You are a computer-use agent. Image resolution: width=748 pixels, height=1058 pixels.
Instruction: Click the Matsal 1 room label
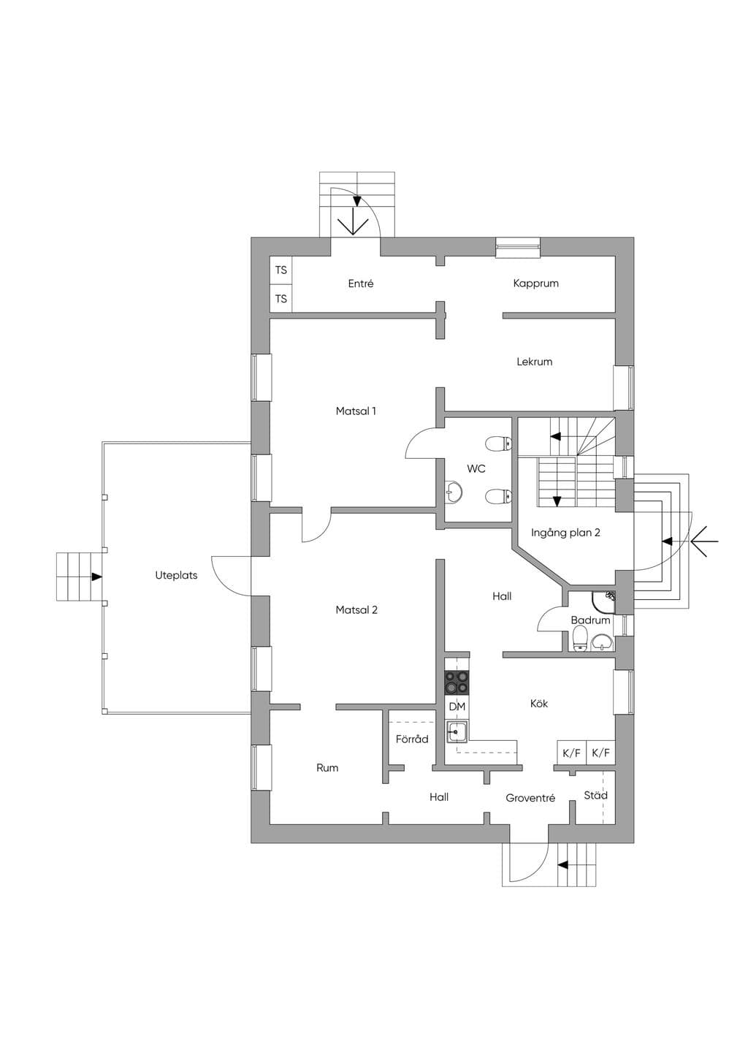coord(356,411)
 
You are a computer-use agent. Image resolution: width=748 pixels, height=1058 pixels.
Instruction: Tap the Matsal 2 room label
coord(356,610)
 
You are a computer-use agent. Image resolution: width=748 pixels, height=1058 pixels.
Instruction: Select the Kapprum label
coord(536,283)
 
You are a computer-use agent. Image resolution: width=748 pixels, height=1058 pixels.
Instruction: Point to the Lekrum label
coord(534,362)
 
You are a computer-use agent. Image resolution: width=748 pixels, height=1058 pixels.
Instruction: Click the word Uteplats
coord(176,575)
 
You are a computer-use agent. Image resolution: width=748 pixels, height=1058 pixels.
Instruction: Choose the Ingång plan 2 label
coord(565,533)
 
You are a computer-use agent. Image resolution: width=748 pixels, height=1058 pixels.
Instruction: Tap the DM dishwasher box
coord(457,707)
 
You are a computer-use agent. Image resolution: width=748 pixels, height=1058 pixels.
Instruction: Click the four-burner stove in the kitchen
coord(457,683)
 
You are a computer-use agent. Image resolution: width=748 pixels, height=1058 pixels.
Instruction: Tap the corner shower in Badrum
coord(604,602)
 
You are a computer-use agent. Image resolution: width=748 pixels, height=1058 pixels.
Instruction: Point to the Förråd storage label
coord(412,739)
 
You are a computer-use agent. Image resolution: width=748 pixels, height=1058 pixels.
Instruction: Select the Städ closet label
coord(595,795)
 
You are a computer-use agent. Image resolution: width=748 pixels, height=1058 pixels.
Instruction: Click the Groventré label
coord(530,798)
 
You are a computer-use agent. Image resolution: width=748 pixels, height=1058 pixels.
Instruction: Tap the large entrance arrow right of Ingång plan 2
coord(704,541)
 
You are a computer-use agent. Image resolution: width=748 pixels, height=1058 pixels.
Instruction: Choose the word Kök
coord(539,704)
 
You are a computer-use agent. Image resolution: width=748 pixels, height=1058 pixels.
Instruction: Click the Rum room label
coord(327,768)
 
